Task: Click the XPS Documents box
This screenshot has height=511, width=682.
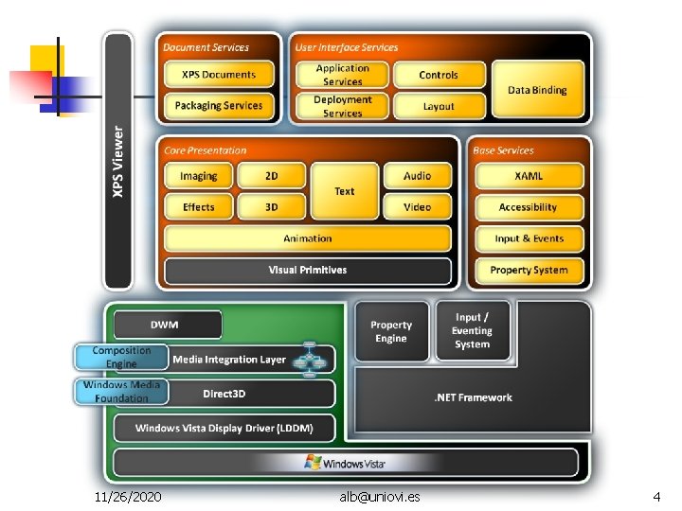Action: click(x=219, y=75)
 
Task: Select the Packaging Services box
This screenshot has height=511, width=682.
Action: click(x=219, y=106)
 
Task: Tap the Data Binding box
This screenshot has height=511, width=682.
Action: click(x=537, y=90)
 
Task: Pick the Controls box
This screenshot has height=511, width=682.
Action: click(x=439, y=75)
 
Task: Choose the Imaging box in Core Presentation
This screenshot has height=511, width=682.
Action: click(x=198, y=176)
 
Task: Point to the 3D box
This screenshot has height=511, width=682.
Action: click(x=271, y=207)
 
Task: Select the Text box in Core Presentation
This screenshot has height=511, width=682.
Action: click(x=344, y=191)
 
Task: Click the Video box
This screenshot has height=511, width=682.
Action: click(x=417, y=207)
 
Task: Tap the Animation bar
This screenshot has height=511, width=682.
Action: click(x=308, y=238)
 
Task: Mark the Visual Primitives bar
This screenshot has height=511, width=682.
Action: click(x=308, y=271)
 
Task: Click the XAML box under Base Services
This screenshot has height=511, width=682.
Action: click(x=529, y=176)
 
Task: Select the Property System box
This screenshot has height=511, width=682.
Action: click(x=529, y=271)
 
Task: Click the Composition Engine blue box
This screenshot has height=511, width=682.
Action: click(x=120, y=357)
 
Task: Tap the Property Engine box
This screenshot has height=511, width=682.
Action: click(x=391, y=332)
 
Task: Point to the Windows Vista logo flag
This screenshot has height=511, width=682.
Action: click(x=313, y=463)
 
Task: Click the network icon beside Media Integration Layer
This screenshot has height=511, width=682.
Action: click(x=309, y=360)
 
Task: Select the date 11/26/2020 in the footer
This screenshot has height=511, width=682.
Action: click(x=128, y=496)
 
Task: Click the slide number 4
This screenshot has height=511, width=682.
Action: click(x=656, y=496)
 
